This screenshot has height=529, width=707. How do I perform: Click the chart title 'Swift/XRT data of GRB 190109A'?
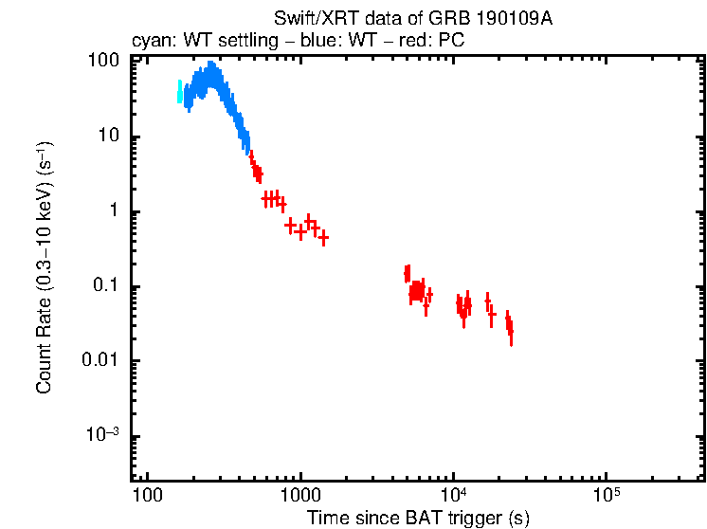coord(412,18)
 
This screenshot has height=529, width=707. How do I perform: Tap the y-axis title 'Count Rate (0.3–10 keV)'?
coord(44,268)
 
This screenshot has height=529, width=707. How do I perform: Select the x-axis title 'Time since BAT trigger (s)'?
coord(417,518)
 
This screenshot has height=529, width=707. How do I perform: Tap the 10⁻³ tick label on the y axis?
coord(103,435)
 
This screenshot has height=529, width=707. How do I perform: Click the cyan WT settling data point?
coord(179,91)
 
